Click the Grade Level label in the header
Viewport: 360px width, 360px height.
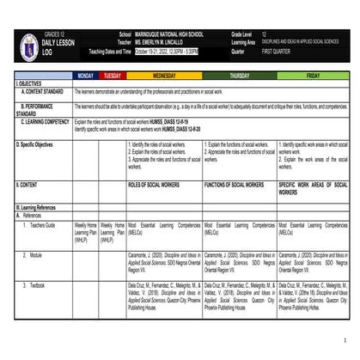(241, 34)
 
